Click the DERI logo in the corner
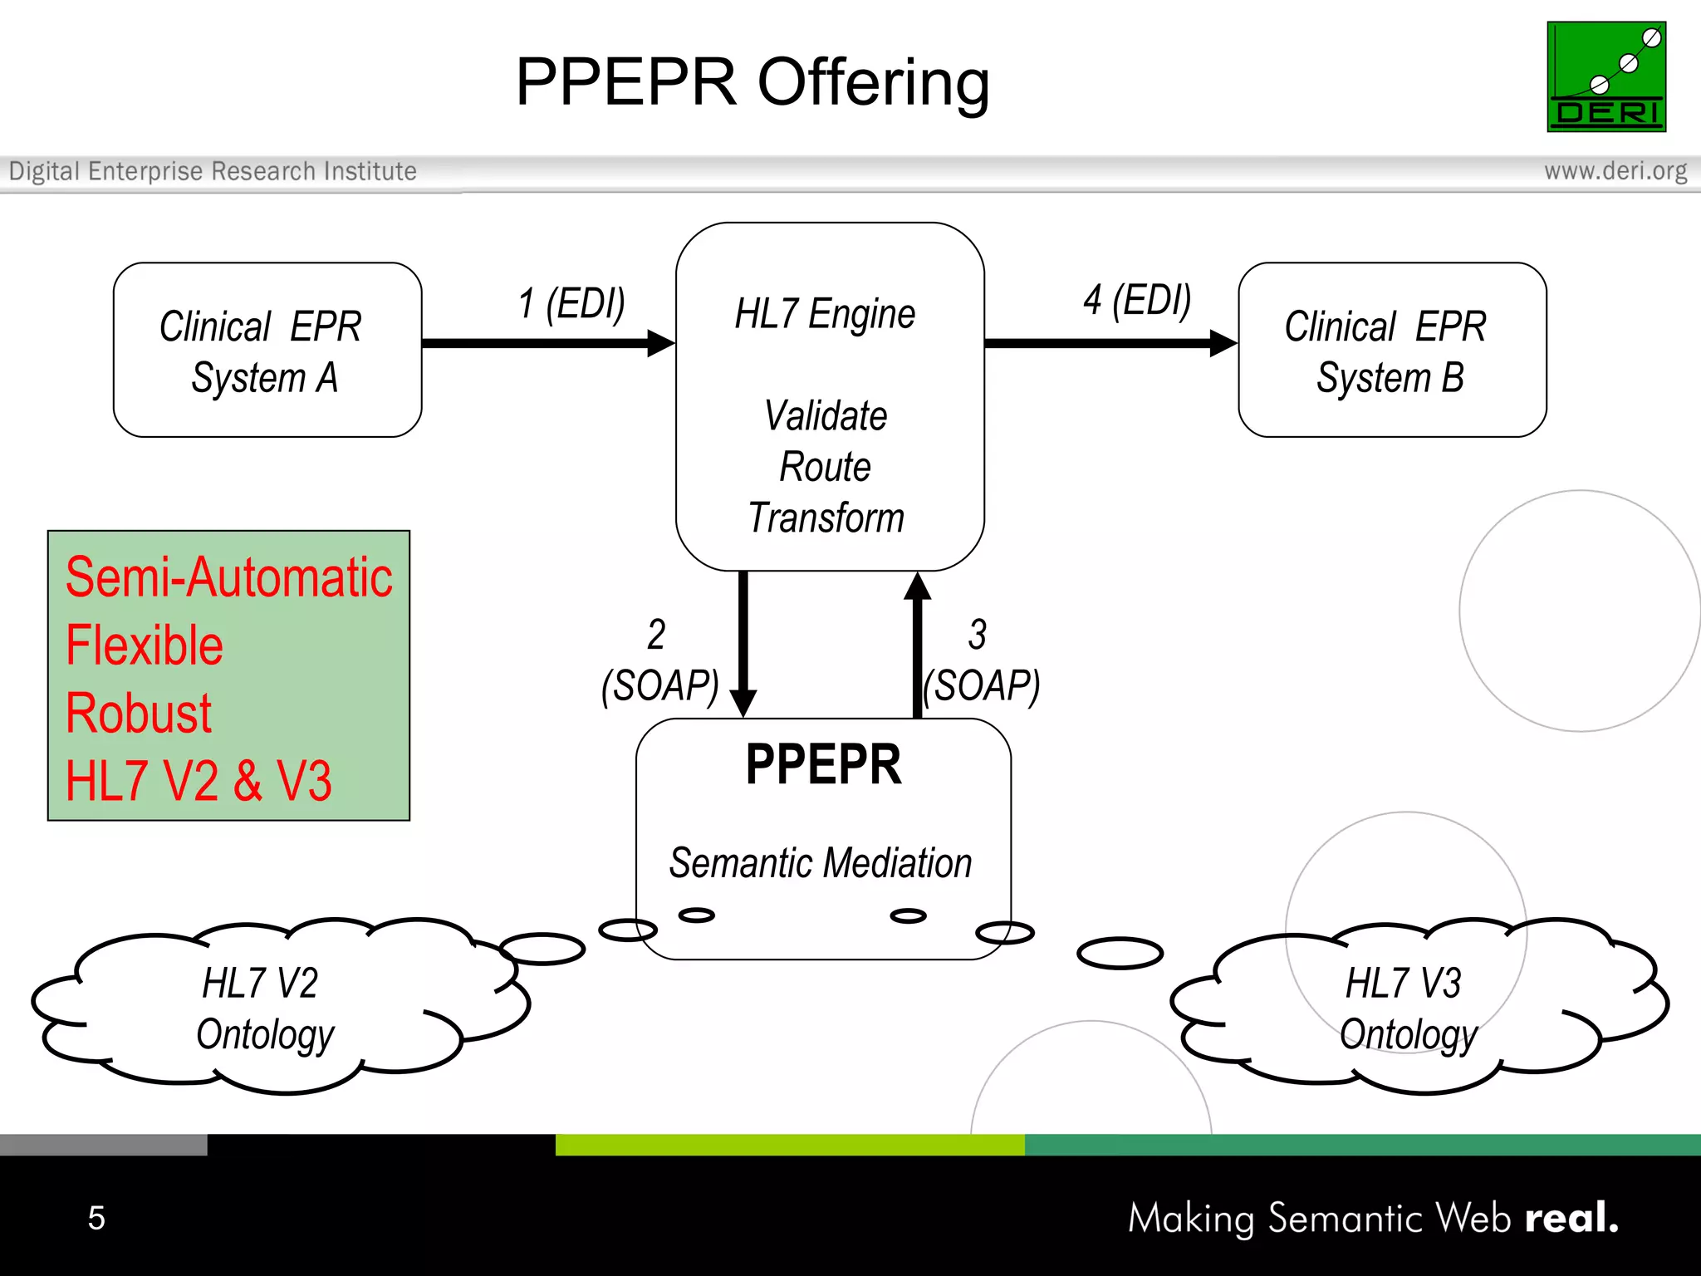coord(1605,76)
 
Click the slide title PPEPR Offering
coord(752,82)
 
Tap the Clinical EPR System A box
coord(267,350)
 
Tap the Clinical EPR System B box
coord(1391,350)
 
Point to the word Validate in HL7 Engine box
coord(826,415)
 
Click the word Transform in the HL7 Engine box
coord(826,518)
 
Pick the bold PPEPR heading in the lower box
coord(823,764)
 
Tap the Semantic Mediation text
coord(821,863)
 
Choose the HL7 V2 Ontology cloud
coord(266,1007)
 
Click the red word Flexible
coord(145,645)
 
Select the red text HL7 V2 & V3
coord(199,781)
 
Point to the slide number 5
coord(96,1218)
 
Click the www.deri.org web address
coord(1615,171)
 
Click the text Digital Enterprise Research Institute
coord(213,171)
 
